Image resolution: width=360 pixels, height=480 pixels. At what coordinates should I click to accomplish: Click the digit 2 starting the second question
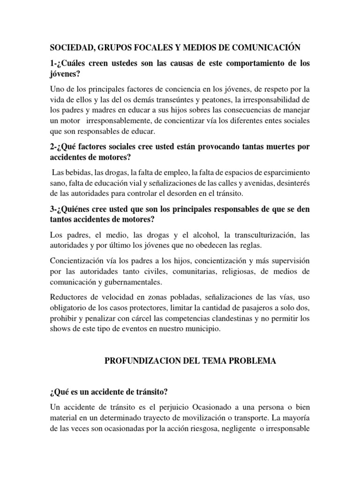(x=52, y=147)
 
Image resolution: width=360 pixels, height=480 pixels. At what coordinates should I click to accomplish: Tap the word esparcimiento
(x=285, y=172)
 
